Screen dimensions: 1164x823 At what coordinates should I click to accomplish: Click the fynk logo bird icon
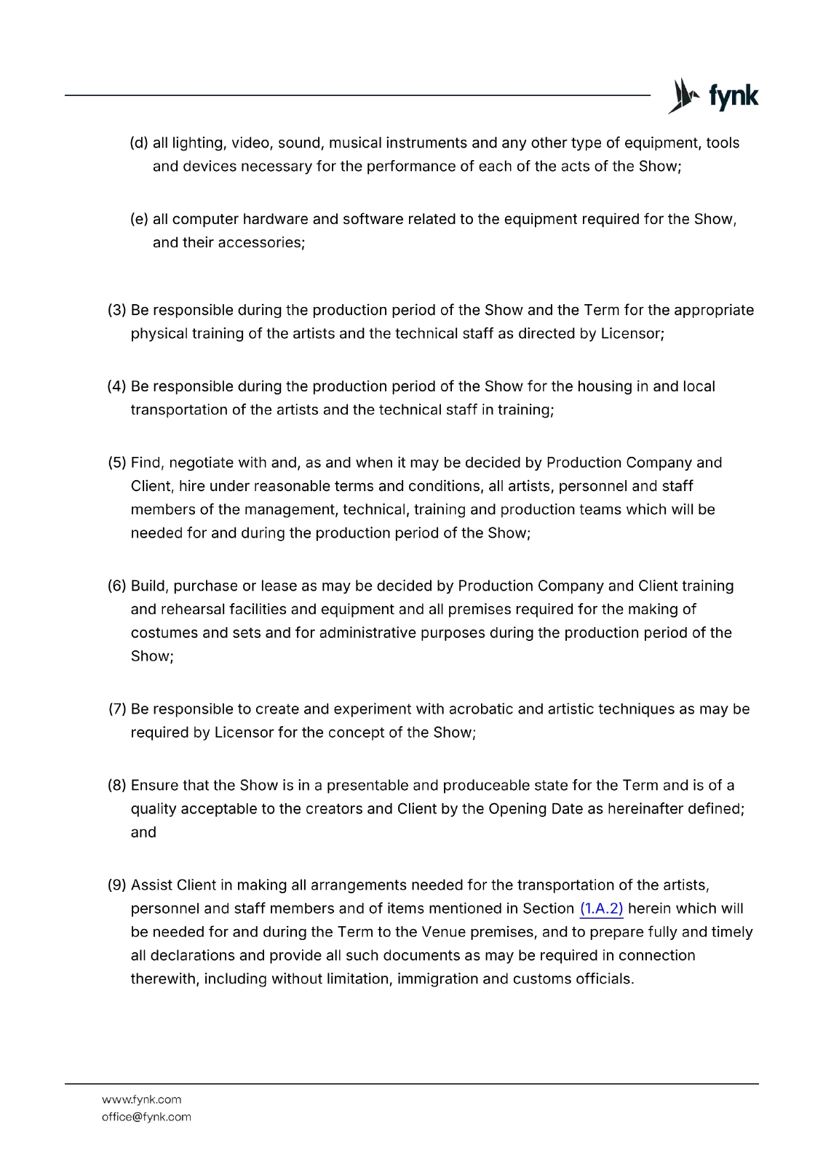(684, 96)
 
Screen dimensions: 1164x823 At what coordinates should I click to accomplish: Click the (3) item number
(116, 311)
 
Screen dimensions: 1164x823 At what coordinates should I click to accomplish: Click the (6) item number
(116, 586)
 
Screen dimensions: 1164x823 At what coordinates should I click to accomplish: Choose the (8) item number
(116, 786)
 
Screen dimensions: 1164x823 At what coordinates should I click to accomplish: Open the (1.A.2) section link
(601, 909)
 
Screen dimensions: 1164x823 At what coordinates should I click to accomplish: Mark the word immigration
(437, 979)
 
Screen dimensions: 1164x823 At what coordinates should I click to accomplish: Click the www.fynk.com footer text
(141, 1100)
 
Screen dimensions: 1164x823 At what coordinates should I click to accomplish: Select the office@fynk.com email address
(146, 1117)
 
